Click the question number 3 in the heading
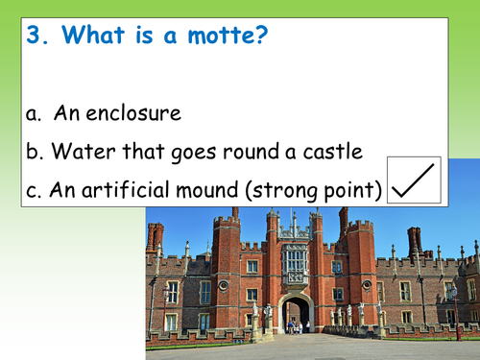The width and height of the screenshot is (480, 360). point(36,36)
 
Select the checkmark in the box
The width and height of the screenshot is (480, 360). point(414,181)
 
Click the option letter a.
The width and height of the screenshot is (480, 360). point(34,113)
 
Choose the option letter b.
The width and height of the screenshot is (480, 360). point(34,151)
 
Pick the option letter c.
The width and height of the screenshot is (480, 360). point(33,189)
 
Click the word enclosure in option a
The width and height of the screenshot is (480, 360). point(131,113)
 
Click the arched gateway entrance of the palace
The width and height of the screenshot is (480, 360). point(296,313)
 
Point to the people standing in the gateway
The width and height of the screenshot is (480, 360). point(296,326)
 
